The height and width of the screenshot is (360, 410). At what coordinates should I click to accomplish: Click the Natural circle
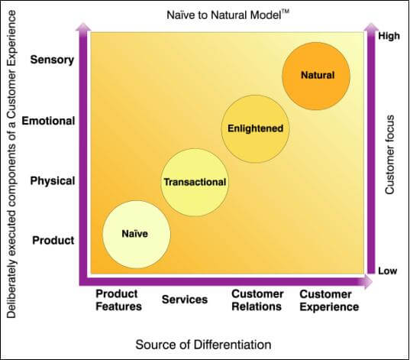(x=316, y=76)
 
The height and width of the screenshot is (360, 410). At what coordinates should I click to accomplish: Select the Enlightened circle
(x=255, y=129)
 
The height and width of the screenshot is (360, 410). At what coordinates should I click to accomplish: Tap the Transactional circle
(x=194, y=183)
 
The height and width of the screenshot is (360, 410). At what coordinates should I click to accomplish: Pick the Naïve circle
(x=136, y=235)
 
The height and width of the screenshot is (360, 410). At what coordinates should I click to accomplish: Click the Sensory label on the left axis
(x=52, y=60)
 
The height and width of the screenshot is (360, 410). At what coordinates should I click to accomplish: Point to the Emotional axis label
(x=48, y=121)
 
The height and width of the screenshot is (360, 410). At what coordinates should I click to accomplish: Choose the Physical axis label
(x=53, y=181)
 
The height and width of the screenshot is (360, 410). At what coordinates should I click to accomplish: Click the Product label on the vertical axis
(x=53, y=240)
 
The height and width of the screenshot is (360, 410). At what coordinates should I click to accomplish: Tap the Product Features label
(x=118, y=300)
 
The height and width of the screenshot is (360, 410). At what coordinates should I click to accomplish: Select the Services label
(x=185, y=300)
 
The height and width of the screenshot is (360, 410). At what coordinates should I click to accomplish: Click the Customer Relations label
(x=257, y=300)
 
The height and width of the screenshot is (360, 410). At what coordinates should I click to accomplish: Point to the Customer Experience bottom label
(x=329, y=300)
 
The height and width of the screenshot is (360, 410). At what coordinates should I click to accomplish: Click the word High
(x=389, y=36)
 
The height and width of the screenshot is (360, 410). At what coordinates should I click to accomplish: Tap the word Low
(x=388, y=271)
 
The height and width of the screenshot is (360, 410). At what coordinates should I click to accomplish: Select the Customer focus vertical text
(x=389, y=154)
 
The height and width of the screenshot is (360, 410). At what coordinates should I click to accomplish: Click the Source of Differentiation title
(x=203, y=345)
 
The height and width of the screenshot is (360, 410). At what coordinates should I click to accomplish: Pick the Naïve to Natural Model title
(x=228, y=15)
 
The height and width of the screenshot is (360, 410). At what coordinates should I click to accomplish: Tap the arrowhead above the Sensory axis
(x=83, y=27)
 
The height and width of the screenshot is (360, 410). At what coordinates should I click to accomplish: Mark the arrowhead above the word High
(x=371, y=28)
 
